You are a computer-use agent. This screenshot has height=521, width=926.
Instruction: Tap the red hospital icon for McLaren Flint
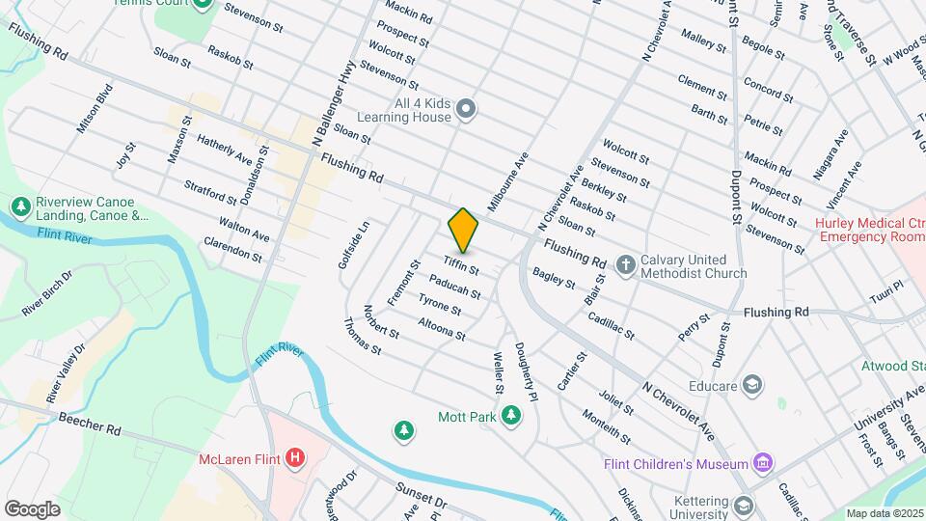tap(296, 457)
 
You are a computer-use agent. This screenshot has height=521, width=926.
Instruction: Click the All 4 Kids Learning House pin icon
tap(467, 108)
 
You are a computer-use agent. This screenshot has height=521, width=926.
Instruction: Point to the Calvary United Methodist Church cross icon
tap(625, 264)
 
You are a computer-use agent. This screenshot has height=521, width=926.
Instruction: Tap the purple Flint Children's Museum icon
tap(764, 464)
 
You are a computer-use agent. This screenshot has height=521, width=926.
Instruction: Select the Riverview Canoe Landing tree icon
tap(20, 207)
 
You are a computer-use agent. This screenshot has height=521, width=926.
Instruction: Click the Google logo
tap(33, 508)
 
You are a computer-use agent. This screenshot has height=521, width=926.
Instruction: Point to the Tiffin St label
tap(462, 264)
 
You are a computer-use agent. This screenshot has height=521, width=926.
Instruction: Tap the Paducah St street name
tap(454, 286)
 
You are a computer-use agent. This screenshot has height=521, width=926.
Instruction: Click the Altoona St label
tap(442, 329)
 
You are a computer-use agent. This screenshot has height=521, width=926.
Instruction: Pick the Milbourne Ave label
tap(508, 181)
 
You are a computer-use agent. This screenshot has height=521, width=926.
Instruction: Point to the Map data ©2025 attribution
tap(883, 512)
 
